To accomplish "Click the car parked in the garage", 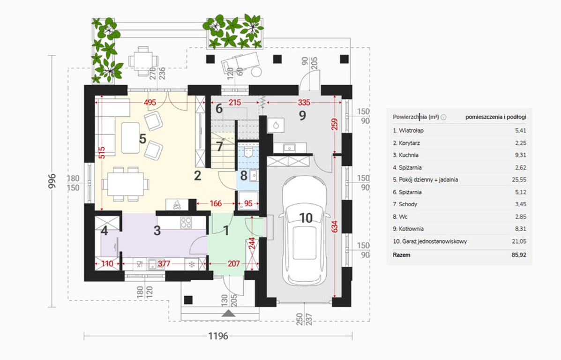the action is click(x=305, y=231).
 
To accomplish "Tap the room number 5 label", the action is click(x=143, y=139).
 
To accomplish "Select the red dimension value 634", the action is click(x=335, y=227).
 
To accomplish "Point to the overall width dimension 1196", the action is click(x=218, y=336).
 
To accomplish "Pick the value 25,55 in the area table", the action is click(x=519, y=180).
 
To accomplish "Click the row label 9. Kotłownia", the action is click(x=408, y=229).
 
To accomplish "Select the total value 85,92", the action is click(x=519, y=255).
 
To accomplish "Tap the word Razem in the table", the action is click(x=402, y=255).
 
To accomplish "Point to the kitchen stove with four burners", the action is click(x=186, y=223).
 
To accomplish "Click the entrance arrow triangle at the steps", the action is click(x=229, y=314).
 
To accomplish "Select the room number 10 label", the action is click(x=306, y=218).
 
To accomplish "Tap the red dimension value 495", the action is click(x=150, y=103).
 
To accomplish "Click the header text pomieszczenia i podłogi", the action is click(x=496, y=117).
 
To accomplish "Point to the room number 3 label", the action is click(x=157, y=231).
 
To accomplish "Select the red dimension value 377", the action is click(x=164, y=264).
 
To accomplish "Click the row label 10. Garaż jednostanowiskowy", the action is click(x=430, y=241).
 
